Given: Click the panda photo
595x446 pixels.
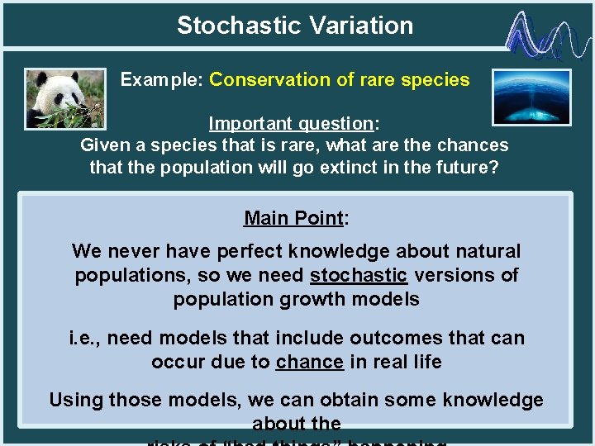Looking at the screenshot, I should pyautogui.click(x=65, y=97).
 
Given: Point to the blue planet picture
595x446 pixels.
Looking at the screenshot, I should pyautogui.click(x=531, y=97).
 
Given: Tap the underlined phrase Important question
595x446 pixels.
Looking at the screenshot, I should pyautogui.click(x=291, y=124).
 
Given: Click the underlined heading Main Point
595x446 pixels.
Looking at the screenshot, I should pyautogui.click(x=293, y=218).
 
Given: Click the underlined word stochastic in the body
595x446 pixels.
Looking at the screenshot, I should pyautogui.click(x=358, y=275).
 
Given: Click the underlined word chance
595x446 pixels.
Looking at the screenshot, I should pyautogui.click(x=309, y=362).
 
